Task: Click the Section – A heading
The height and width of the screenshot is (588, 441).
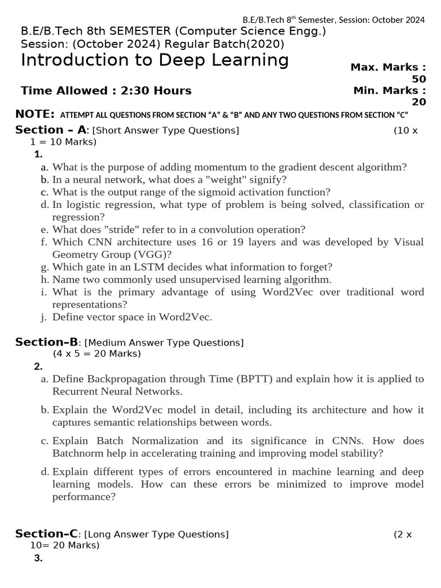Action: tap(52, 130)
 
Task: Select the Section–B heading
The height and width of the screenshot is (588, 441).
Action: tap(47, 342)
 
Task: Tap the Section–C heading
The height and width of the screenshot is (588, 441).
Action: tap(47, 534)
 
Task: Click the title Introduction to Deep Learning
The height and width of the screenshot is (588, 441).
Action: tap(154, 60)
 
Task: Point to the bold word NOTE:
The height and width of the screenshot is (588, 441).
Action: tap(34, 114)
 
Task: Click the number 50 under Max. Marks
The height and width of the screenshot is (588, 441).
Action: tap(419, 79)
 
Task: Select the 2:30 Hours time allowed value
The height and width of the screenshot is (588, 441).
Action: tap(154, 91)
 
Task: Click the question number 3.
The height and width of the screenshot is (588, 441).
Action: tap(38, 558)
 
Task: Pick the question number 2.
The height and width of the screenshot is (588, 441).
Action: tap(38, 366)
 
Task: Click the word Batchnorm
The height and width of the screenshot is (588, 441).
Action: tap(75, 453)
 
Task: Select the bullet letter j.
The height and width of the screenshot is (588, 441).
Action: tap(44, 317)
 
